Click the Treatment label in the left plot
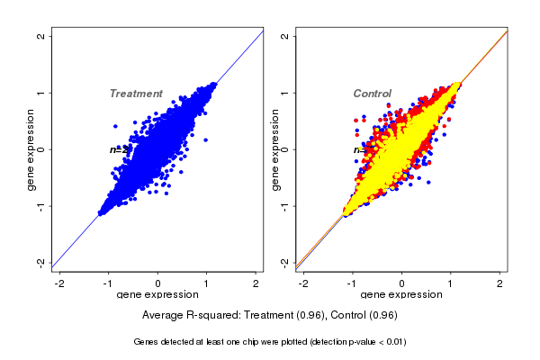coord(136,94)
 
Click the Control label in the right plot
coord(372,94)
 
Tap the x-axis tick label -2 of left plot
coord(60,283)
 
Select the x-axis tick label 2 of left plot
coord(256,283)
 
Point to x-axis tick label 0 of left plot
coord(158,283)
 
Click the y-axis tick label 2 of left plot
coord(40,36)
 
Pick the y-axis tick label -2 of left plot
coord(40,262)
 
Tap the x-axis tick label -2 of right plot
coord(304,283)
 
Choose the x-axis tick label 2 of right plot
coord(500,283)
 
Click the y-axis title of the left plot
coord(31,149)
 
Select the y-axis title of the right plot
coord(275,149)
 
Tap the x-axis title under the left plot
coord(158,295)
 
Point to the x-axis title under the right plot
coord(402,295)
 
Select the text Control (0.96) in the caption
coord(364,315)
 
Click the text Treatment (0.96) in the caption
coord(286,315)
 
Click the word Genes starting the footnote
coord(148,342)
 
